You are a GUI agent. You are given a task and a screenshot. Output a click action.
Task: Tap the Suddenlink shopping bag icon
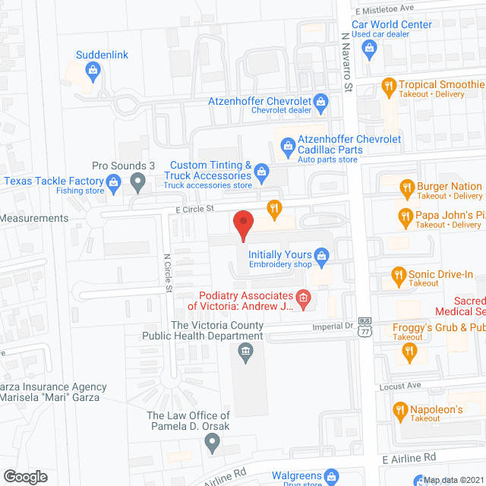tap(93, 71)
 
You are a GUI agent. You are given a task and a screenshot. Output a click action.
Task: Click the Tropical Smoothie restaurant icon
tap(388, 86)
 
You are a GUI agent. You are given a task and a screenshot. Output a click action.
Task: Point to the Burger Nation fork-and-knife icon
tap(407, 187)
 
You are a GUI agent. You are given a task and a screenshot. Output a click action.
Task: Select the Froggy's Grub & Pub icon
tap(410, 350)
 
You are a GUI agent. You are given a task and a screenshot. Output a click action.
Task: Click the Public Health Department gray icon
tap(245, 350)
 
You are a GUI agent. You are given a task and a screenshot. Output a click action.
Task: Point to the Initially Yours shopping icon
tap(322, 255)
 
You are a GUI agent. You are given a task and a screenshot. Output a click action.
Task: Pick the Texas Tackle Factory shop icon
tap(114, 181)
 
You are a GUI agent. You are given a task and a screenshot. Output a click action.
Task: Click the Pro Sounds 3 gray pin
tap(137, 181)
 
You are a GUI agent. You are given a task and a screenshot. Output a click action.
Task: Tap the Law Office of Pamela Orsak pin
tap(212, 442)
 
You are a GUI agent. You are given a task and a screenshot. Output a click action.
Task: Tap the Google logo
tap(25, 476)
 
